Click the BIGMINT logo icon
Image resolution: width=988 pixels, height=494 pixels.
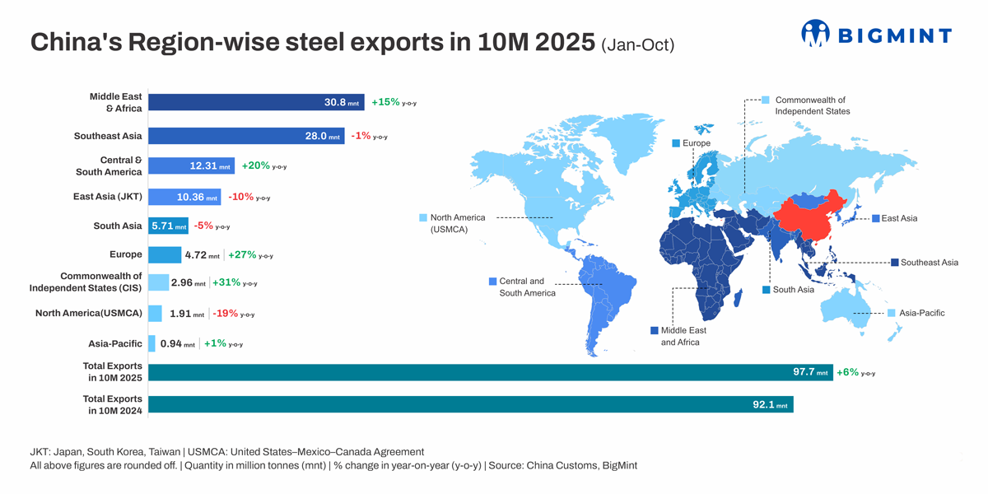click(x=815, y=33)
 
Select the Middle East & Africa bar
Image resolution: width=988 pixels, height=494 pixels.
click(x=255, y=102)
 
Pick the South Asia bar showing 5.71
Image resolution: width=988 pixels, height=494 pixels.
click(x=168, y=226)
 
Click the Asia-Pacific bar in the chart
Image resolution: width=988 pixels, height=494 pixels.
click(x=151, y=343)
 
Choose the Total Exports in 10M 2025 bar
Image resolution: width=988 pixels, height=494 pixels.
click(x=490, y=372)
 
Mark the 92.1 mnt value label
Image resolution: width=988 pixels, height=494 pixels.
click(x=770, y=405)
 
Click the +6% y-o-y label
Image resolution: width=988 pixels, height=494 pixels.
click(x=855, y=372)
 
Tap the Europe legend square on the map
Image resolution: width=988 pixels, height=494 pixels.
click(x=676, y=143)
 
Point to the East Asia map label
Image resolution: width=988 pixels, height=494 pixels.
click(x=898, y=218)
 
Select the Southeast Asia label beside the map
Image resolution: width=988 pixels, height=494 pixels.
click(x=929, y=263)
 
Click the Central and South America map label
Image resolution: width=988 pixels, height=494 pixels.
click(x=527, y=287)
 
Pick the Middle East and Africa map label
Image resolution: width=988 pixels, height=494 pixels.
click(x=683, y=336)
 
